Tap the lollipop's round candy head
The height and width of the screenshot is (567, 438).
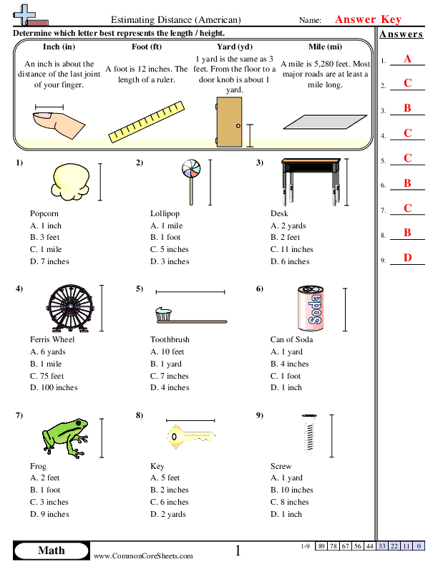(x=190, y=169)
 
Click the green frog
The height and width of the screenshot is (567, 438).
(x=65, y=436)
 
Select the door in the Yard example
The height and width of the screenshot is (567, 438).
(x=229, y=119)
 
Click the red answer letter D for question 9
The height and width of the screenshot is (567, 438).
(x=407, y=258)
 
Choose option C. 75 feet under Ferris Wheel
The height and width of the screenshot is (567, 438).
(x=47, y=376)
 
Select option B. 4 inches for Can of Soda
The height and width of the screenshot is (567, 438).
(x=290, y=364)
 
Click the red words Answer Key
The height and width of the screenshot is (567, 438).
(x=368, y=20)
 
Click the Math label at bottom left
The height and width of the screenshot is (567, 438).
(x=50, y=550)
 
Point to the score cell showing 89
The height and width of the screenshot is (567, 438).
(x=321, y=547)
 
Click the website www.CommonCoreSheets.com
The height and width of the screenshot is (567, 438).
(x=143, y=556)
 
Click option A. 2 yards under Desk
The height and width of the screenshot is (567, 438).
(x=288, y=226)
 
